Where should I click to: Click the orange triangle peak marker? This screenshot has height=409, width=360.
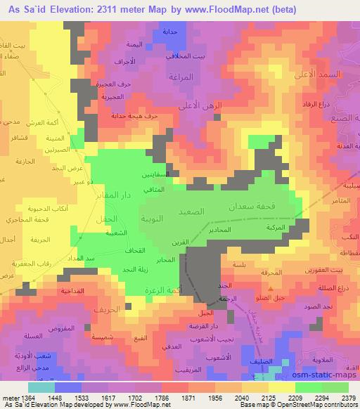tap(270, 289)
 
